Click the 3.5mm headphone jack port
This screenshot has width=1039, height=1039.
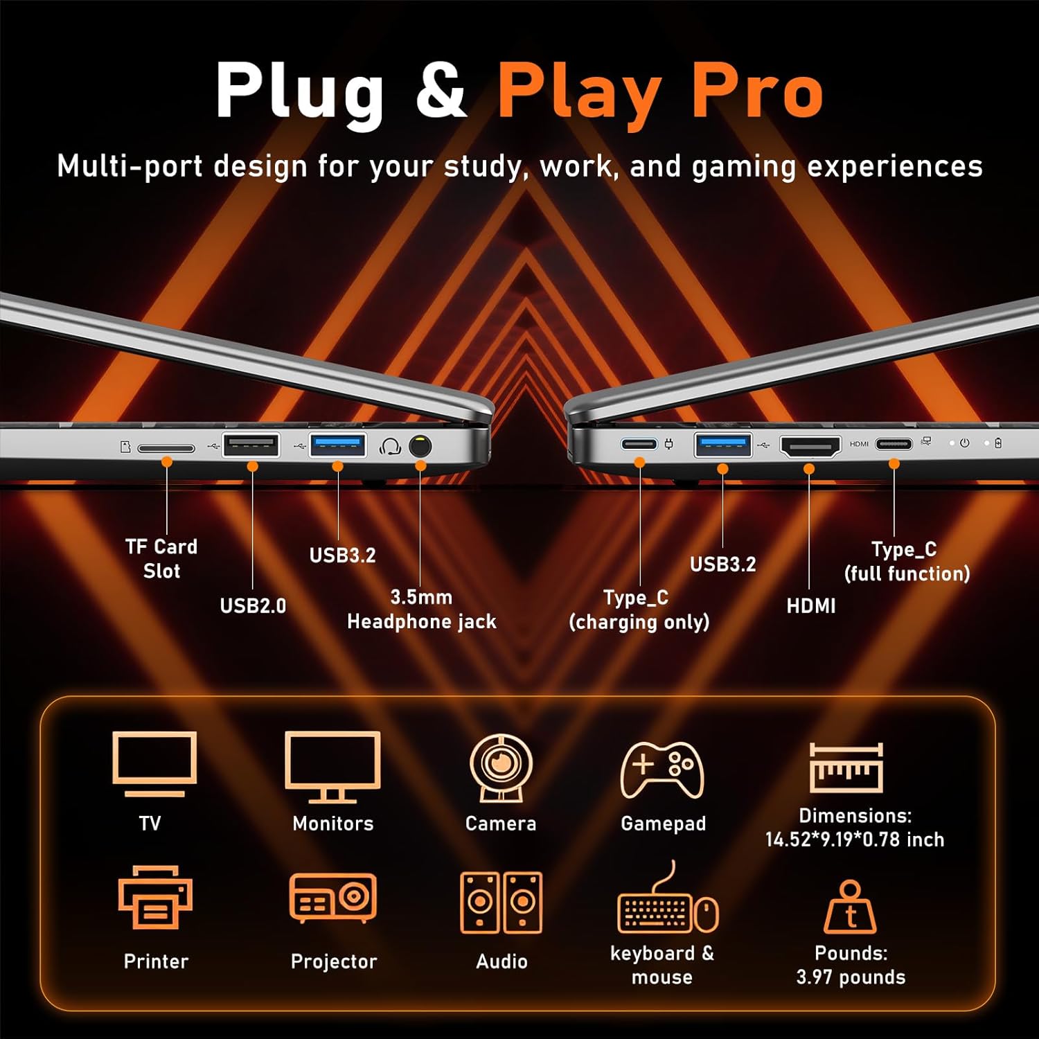point(420,445)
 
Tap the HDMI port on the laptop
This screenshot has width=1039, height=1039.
point(810,446)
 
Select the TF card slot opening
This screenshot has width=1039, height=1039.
point(166,448)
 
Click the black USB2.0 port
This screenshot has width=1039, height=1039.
point(251,445)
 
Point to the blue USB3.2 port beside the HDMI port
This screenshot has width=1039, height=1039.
point(723,445)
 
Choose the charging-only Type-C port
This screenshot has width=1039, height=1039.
point(639,443)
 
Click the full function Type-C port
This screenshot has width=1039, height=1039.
point(894,443)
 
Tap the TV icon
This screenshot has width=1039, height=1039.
point(154,764)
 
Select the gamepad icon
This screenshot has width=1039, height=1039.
point(662,769)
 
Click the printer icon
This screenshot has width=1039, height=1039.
point(155,897)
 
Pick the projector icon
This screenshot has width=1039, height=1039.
point(333,898)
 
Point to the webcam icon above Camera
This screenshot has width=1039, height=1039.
point(501,767)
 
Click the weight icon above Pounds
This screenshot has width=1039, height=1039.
point(850,907)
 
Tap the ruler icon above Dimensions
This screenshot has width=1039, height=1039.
point(846,767)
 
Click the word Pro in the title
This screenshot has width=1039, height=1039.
point(758,90)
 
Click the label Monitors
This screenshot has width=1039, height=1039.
point(333,823)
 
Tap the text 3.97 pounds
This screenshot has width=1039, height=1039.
point(851,977)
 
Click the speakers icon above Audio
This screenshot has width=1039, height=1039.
point(501,903)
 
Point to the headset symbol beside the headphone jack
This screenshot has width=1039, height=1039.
point(391,446)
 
